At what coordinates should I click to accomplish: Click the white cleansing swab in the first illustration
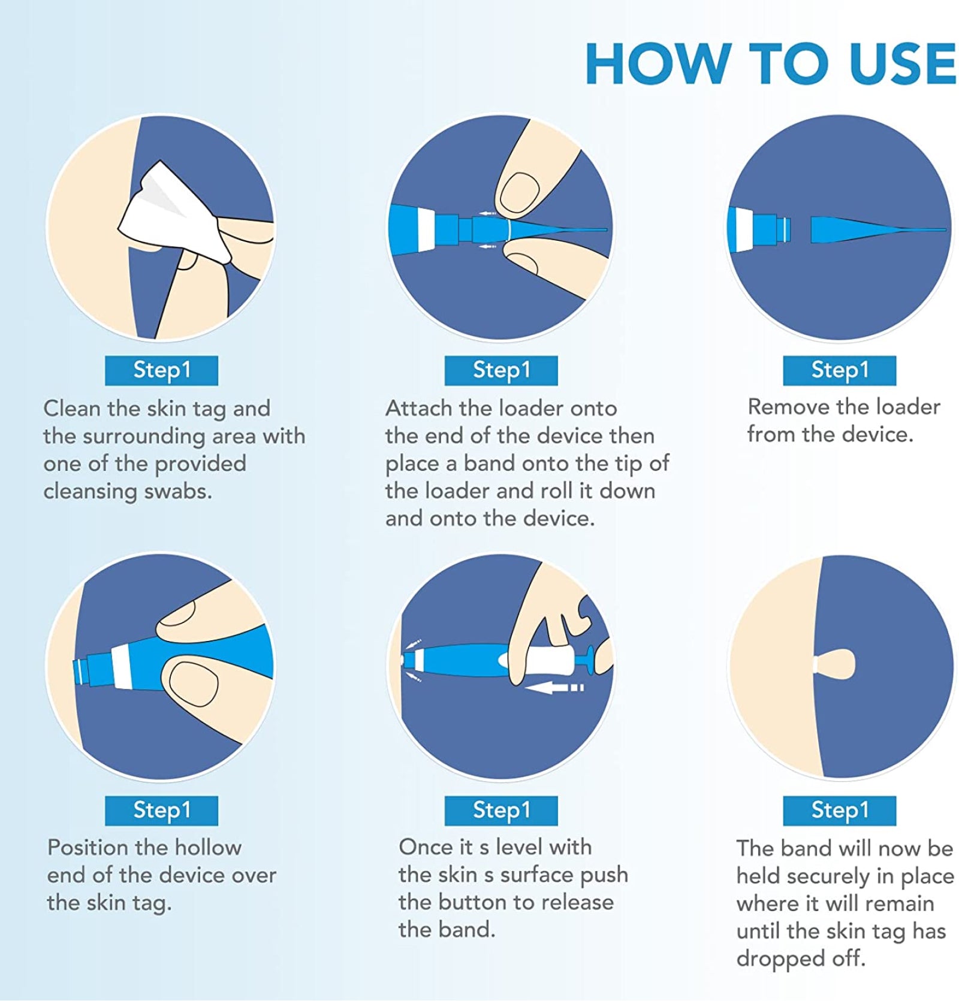(174, 213)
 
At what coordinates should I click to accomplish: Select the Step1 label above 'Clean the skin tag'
(161, 370)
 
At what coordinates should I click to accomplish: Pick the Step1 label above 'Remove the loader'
(839, 370)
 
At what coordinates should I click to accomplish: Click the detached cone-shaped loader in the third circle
(878, 229)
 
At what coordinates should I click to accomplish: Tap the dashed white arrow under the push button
(554, 688)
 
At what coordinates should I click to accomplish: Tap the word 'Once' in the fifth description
(426, 847)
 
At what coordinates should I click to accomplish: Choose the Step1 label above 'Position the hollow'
(161, 811)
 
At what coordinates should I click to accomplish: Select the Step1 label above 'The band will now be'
(839, 811)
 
